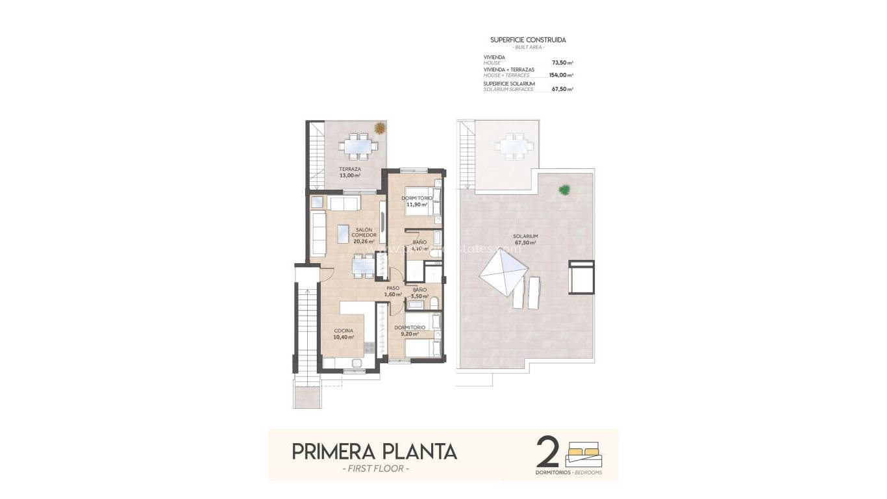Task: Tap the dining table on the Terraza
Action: [x=356, y=146]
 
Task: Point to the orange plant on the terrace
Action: [x=379, y=129]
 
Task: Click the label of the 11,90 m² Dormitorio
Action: [x=416, y=201]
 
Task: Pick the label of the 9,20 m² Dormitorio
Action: [x=410, y=330]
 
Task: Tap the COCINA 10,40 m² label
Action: [x=344, y=334]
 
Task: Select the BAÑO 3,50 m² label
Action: [x=419, y=292]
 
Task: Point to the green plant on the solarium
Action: [x=565, y=190]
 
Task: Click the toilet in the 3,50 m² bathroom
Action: [x=433, y=301]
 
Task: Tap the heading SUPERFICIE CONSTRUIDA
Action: [x=528, y=40]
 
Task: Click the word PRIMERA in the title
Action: [x=331, y=451]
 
